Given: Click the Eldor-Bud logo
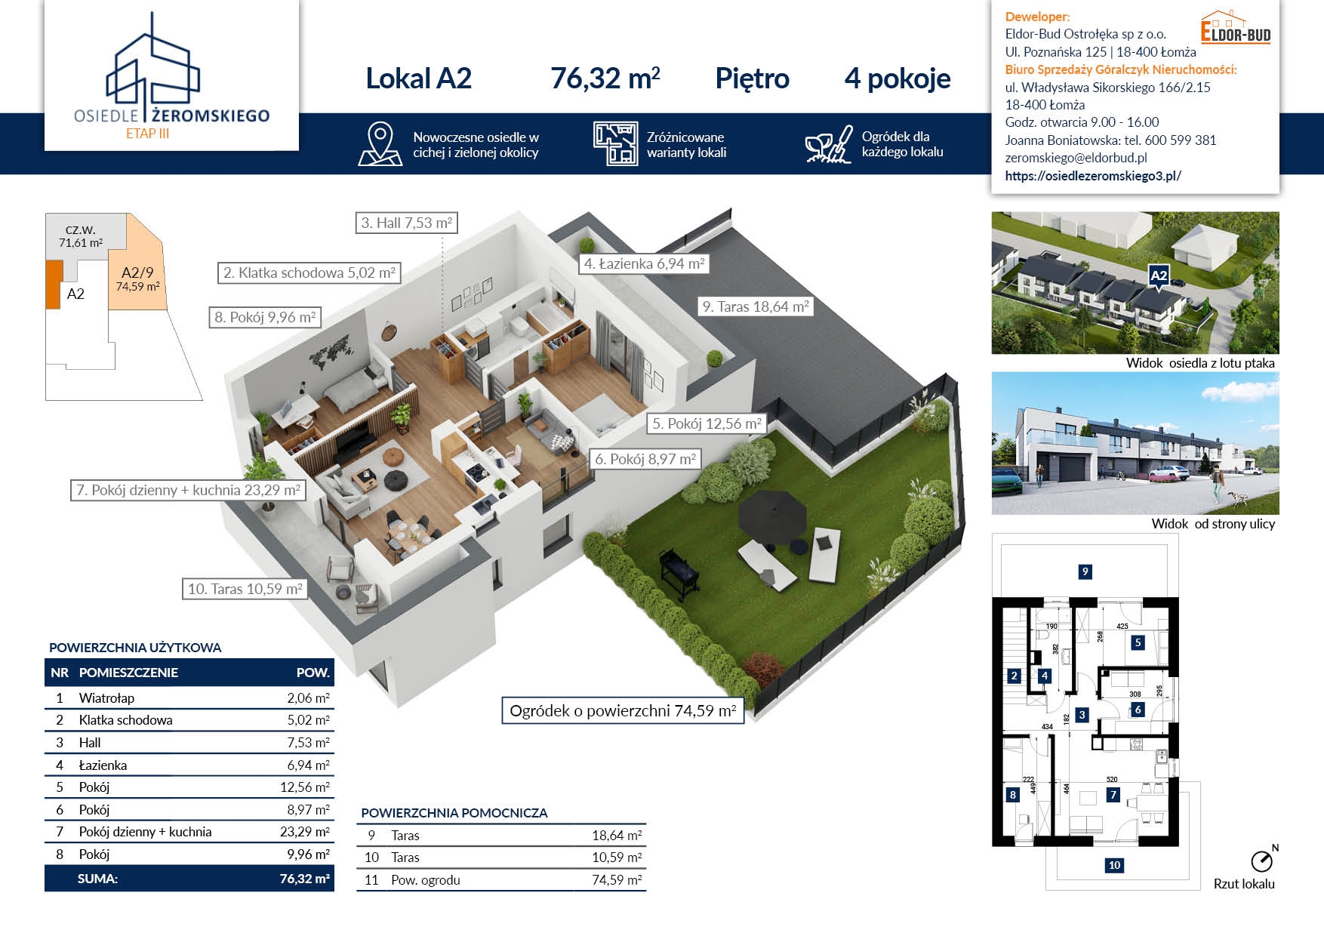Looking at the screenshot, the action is pos(1236,28).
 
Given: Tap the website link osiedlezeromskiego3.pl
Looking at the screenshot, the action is pos(1093,176).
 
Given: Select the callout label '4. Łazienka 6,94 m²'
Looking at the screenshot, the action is pos(645,263).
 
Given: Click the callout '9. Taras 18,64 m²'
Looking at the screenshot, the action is pos(756,306).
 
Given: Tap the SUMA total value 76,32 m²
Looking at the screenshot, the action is pos(304,879).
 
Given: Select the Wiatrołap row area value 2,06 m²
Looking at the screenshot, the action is pos(308,698).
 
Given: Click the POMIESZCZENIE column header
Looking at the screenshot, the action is pos(128,673).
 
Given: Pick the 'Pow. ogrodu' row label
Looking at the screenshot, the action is pos(426,880).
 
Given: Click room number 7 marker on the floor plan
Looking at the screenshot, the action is pos(1113,795).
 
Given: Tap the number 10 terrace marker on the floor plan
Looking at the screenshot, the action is pos(1114,865).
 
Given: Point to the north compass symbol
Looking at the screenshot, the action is pos(1263,859).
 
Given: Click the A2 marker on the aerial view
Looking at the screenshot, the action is pos(1159,277).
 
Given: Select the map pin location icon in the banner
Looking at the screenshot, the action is pos(380,144).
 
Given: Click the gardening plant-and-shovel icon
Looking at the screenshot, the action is pos(828,143).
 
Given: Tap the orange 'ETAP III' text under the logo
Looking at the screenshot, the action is pos(147,134).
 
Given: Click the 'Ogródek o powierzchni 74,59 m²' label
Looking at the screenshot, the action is pos(623,711).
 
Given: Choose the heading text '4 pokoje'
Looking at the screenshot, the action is pos(898,79).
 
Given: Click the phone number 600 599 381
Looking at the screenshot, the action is pos(1181,140).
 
